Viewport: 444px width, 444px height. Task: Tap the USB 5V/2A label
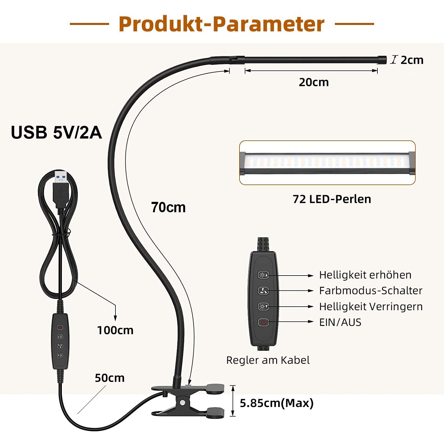point(56,132)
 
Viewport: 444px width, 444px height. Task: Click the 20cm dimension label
point(313,82)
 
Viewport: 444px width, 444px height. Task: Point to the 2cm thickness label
point(412,60)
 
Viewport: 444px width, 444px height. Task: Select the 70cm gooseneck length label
point(168,207)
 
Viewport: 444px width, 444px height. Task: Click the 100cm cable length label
point(115,330)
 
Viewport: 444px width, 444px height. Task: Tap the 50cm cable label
point(110,378)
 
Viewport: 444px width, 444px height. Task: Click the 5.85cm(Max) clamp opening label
point(276,403)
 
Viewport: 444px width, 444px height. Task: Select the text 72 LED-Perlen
point(332,199)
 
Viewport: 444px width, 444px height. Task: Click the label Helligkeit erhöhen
point(365,275)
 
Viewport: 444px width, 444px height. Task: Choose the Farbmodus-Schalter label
point(370,291)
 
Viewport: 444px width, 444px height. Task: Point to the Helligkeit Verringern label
point(371,306)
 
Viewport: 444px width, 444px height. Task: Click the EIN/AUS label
point(340,322)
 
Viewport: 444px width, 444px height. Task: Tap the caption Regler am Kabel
point(268,360)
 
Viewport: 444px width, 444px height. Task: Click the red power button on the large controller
point(263,322)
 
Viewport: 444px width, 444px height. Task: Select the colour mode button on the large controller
point(263,291)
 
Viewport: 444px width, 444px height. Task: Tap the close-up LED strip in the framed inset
point(327,163)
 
